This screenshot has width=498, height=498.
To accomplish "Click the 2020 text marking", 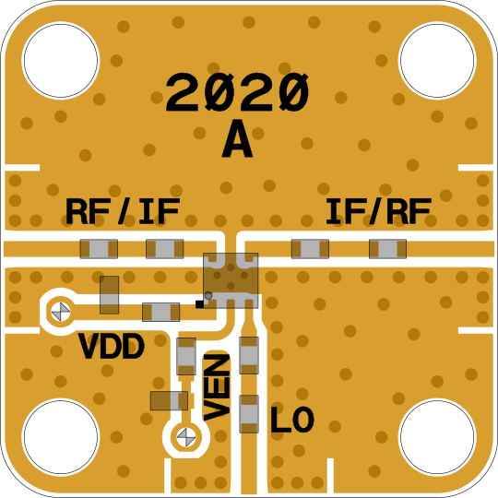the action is click(237, 92).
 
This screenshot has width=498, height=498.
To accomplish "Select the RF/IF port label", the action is click(123, 211).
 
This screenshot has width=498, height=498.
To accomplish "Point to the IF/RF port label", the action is click(379, 211).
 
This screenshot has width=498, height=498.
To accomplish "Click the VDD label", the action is click(112, 346).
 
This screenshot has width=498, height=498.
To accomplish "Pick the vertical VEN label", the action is click(217, 387).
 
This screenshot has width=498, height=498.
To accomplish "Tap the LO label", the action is click(292, 420).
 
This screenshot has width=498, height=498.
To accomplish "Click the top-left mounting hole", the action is click(61, 60).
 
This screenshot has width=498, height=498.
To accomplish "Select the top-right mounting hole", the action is click(437, 60).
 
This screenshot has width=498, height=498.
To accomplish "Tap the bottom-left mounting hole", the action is click(61, 437).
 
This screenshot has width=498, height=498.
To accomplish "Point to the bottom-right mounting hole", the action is click(437, 437).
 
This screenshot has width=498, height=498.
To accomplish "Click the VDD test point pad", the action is click(61, 312).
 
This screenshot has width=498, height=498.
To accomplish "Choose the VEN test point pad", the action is click(186, 437).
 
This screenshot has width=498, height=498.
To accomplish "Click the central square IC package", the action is click(231, 280).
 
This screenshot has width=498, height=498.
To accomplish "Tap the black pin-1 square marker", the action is click(199, 304).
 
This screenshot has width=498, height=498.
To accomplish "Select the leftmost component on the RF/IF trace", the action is click(99, 249).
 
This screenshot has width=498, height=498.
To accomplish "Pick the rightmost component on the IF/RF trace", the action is click(387, 249).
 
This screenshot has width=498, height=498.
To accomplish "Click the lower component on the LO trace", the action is click(249, 414).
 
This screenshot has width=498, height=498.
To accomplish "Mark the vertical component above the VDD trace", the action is click(109, 295).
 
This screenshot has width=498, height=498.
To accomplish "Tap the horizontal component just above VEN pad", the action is click(169, 401).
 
